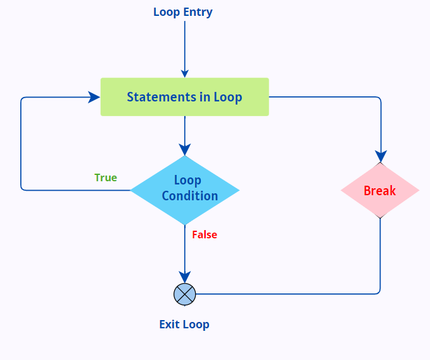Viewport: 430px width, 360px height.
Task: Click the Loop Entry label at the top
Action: (x=183, y=12)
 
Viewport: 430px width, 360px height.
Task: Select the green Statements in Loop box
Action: (x=184, y=97)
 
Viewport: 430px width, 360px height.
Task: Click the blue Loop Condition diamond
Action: (x=185, y=190)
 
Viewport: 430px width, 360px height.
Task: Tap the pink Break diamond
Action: (x=380, y=191)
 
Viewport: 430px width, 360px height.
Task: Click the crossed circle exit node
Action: (x=185, y=294)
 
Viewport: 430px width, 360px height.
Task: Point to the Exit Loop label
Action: (x=184, y=325)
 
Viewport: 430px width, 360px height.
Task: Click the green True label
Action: (x=106, y=177)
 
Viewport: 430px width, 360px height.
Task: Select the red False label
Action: (x=205, y=235)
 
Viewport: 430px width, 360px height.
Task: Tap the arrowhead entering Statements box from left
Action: (x=94, y=97)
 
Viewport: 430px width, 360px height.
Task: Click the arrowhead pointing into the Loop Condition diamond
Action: (x=185, y=150)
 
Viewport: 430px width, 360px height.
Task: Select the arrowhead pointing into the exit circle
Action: (x=185, y=278)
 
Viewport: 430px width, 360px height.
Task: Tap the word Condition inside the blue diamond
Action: (x=189, y=196)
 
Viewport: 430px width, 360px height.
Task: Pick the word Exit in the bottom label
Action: (x=169, y=325)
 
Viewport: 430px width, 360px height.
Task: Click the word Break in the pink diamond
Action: (x=380, y=191)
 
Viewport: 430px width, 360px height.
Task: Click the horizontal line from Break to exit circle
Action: (x=285, y=294)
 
